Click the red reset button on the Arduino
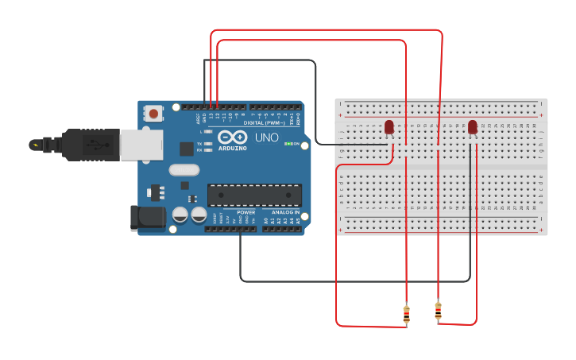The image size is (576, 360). [x=153, y=114]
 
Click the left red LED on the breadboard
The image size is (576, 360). [x=389, y=126]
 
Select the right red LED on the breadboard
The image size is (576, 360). [x=473, y=126]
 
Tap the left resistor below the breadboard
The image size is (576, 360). [x=407, y=315]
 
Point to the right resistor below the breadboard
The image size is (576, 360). [x=438, y=311]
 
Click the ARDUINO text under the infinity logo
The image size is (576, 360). [x=233, y=148]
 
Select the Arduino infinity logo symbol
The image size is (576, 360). [x=233, y=137]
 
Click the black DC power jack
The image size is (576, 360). [x=148, y=219]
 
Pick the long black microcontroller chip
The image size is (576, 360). [x=254, y=195]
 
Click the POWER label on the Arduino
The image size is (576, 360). [x=245, y=212]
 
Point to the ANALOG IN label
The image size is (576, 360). [x=286, y=212]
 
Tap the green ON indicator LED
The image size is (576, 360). [x=288, y=144]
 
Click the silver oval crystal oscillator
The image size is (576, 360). [x=184, y=169]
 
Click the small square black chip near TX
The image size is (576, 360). [x=186, y=148]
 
